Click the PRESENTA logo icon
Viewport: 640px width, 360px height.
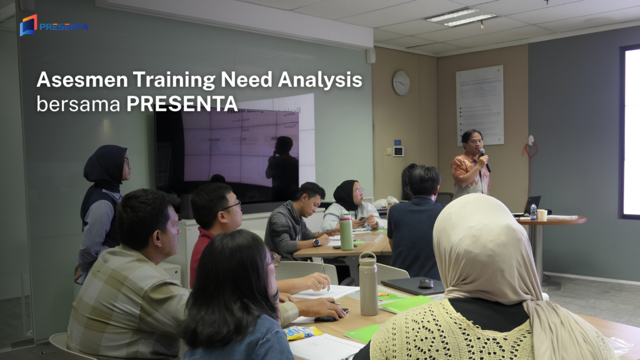(28, 26)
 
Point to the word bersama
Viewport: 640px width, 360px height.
(77, 103)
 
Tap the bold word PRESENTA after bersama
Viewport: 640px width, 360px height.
(182, 103)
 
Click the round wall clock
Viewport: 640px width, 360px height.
(401, 82)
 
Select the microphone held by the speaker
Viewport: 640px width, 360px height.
(484, 159)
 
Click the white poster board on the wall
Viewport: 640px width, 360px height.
(479, 104)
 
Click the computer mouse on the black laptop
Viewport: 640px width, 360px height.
(426, 283)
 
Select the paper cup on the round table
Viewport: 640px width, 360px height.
(541, 214)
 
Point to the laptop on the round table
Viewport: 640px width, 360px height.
(531, 204)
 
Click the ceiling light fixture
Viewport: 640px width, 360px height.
(461, 17)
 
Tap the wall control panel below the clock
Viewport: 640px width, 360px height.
(398, 151)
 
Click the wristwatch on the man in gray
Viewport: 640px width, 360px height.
(316, 242)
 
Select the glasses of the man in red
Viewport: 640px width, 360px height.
(231, 206)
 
